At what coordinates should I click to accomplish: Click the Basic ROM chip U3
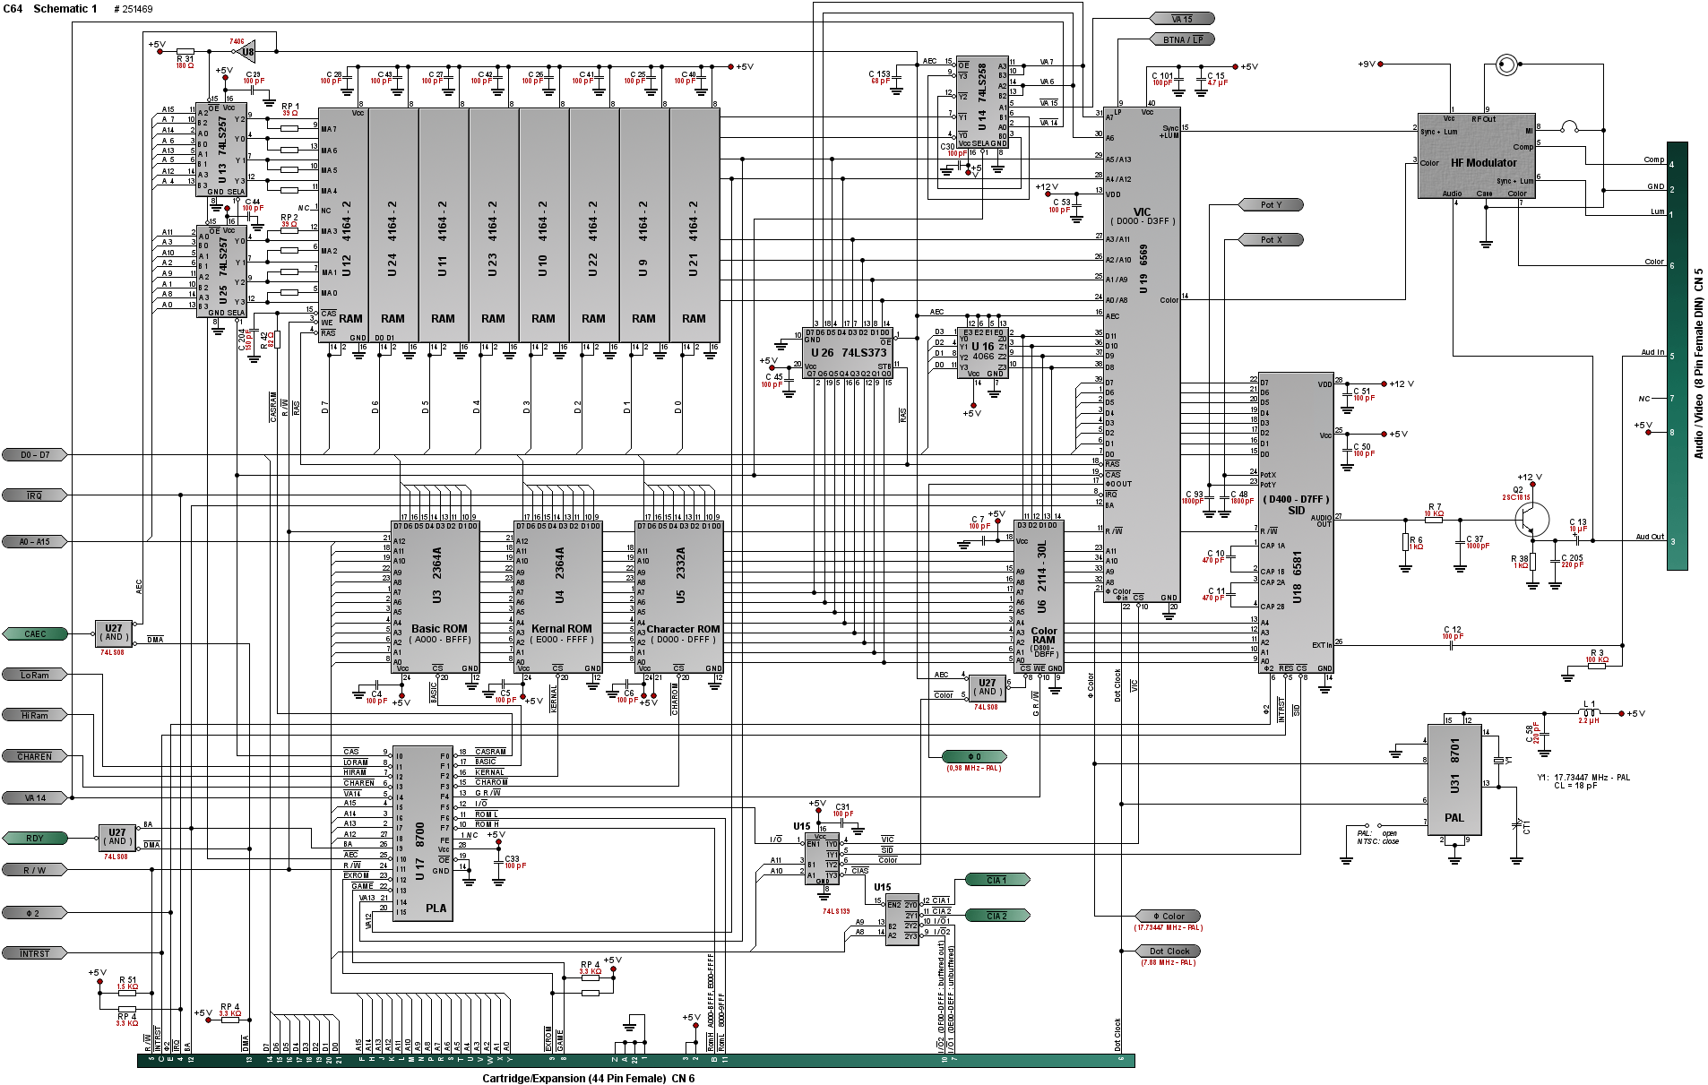[436, 597]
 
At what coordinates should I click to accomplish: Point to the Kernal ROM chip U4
[558, 597]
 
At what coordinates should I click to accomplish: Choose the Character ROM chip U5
[679, 597]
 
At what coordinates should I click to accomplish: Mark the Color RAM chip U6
[1039, 595]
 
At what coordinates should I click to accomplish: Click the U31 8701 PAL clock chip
[1454, 779]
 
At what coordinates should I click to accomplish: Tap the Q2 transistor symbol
[1531, 519]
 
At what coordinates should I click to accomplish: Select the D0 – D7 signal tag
[35, 455]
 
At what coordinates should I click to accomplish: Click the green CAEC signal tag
[35, 634]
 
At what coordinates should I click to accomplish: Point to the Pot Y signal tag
[1271, 205]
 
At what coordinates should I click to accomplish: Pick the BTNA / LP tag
[1183, 39]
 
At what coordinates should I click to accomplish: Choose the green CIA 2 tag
[997, 916]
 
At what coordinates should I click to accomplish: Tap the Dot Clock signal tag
[1169, 952]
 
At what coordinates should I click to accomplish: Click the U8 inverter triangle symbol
[246, 51]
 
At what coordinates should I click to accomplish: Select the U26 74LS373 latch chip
[848, 353]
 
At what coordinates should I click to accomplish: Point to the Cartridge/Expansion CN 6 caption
[588, 1078]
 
